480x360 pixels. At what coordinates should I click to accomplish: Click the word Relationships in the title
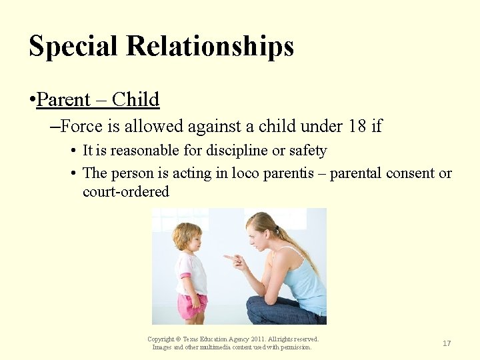point(210,47)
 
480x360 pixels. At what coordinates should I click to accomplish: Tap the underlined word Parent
point(63,100)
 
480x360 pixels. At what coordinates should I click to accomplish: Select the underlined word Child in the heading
point(135,100)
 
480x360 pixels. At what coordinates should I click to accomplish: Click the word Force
point(84,126)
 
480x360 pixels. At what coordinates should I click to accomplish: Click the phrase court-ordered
point(125,192)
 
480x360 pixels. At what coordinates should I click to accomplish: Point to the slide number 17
point(447,343)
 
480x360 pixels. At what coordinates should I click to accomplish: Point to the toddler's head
point(187,237)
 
